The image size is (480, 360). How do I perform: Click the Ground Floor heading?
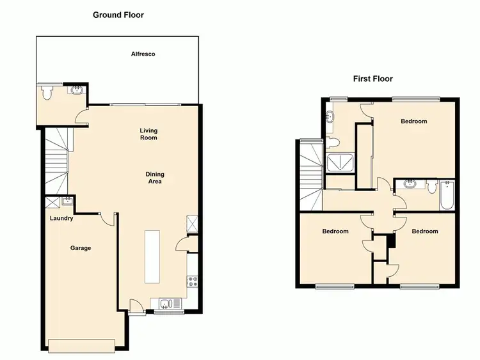tap(119, 15)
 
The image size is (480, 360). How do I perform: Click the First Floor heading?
tap(372, 79)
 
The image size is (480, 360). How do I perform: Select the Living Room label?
tap(148, 134)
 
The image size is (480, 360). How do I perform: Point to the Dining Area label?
tap(154, 178)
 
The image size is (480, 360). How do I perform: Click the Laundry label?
tap(61, 219)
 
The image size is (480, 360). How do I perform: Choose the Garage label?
tap(81, 248)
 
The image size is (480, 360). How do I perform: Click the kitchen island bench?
tap(152, 256)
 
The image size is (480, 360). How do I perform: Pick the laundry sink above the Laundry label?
tap(67, 201)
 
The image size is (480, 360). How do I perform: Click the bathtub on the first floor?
tap(447, 196)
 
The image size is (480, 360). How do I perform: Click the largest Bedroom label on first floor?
tap(413, 121)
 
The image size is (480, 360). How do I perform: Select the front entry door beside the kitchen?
tap(136, 308)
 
